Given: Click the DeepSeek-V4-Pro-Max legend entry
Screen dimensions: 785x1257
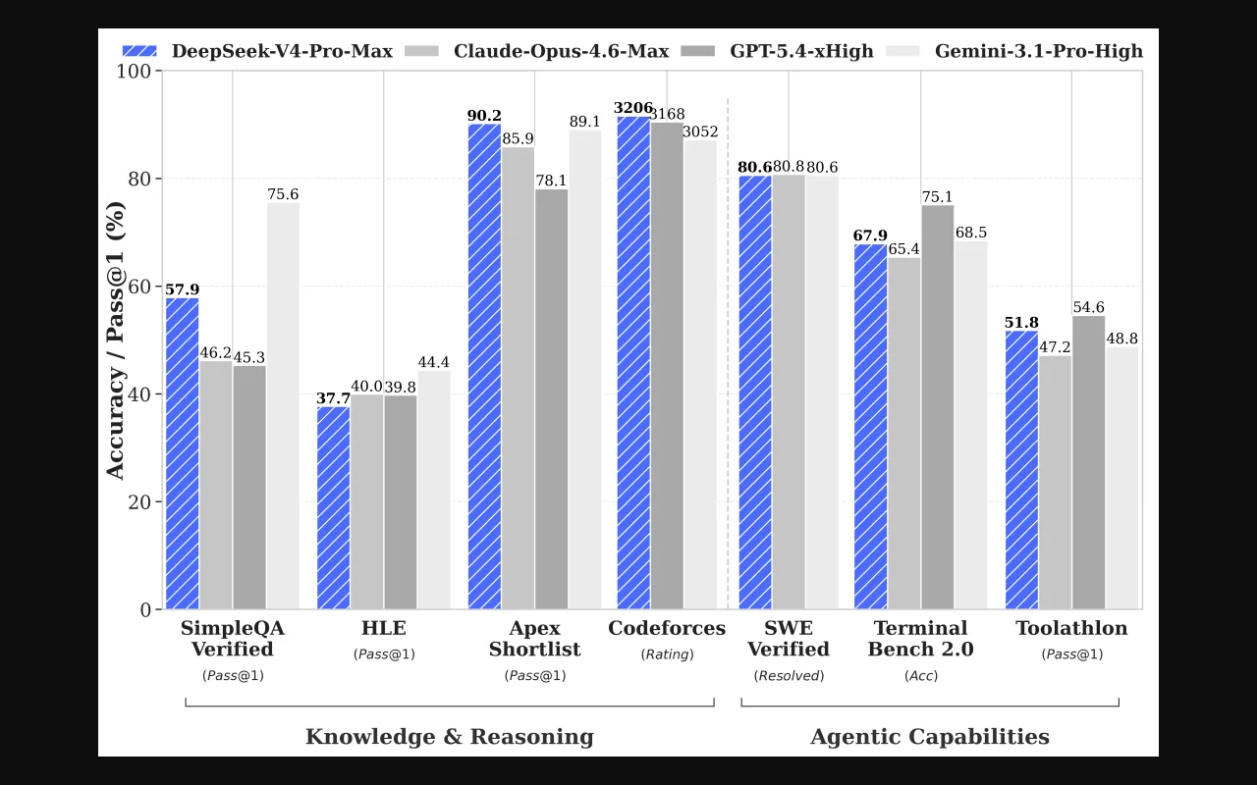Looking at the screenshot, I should (x=257, y=51).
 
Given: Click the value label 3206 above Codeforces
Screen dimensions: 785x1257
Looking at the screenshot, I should (x=633, y=108).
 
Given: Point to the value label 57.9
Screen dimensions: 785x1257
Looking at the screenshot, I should (x=182, y=289).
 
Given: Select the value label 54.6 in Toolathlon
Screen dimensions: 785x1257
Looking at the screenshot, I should (x=1088, y=307).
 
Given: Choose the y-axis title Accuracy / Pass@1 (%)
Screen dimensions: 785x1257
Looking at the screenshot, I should (x=116, y=340).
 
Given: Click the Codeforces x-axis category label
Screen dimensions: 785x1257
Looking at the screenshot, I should (x=667, y=628).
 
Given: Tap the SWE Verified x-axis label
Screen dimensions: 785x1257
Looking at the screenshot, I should (x=789, y=639).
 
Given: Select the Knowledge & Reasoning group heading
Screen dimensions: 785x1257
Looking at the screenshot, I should (x=450, y=737).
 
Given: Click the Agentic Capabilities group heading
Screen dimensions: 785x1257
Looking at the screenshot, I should (x=929, y=737).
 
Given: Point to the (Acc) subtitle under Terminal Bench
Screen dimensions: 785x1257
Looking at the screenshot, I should (x=920, y=675).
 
